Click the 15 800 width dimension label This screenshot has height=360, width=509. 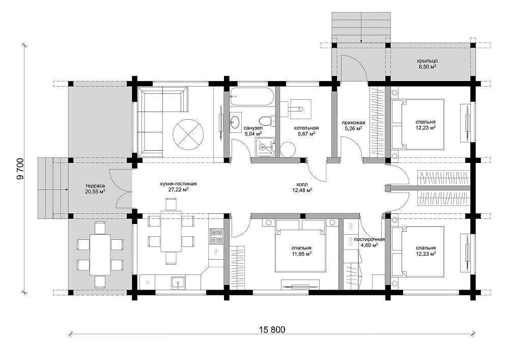pyautogui.click(x=272, y=330)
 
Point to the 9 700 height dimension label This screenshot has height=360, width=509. pyautogui.click(x=20, y=169)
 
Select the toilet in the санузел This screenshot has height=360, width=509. pyautogui.click(x=267, y=121)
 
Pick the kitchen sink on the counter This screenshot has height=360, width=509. pyautogui.click(x=178, y=283)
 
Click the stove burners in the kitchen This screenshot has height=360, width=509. pyautogui.click(x=216, y=236)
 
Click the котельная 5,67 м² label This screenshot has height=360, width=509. pyautogui.click(x=306, y=130)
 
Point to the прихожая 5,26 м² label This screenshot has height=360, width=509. pyautogui.click(x=353, y=125)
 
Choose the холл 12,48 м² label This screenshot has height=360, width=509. pyautogui.click(x=302, y=187)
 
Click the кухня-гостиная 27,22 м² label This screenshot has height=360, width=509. pyautogui.click(x=178, y=186)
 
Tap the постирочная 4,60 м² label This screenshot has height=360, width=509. pyautogui.click(x=370, y=242)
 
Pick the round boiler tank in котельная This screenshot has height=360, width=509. pyautogui.click(x=288, y=149)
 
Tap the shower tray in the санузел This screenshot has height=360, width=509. pyautogui.click(x=265, y=147)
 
